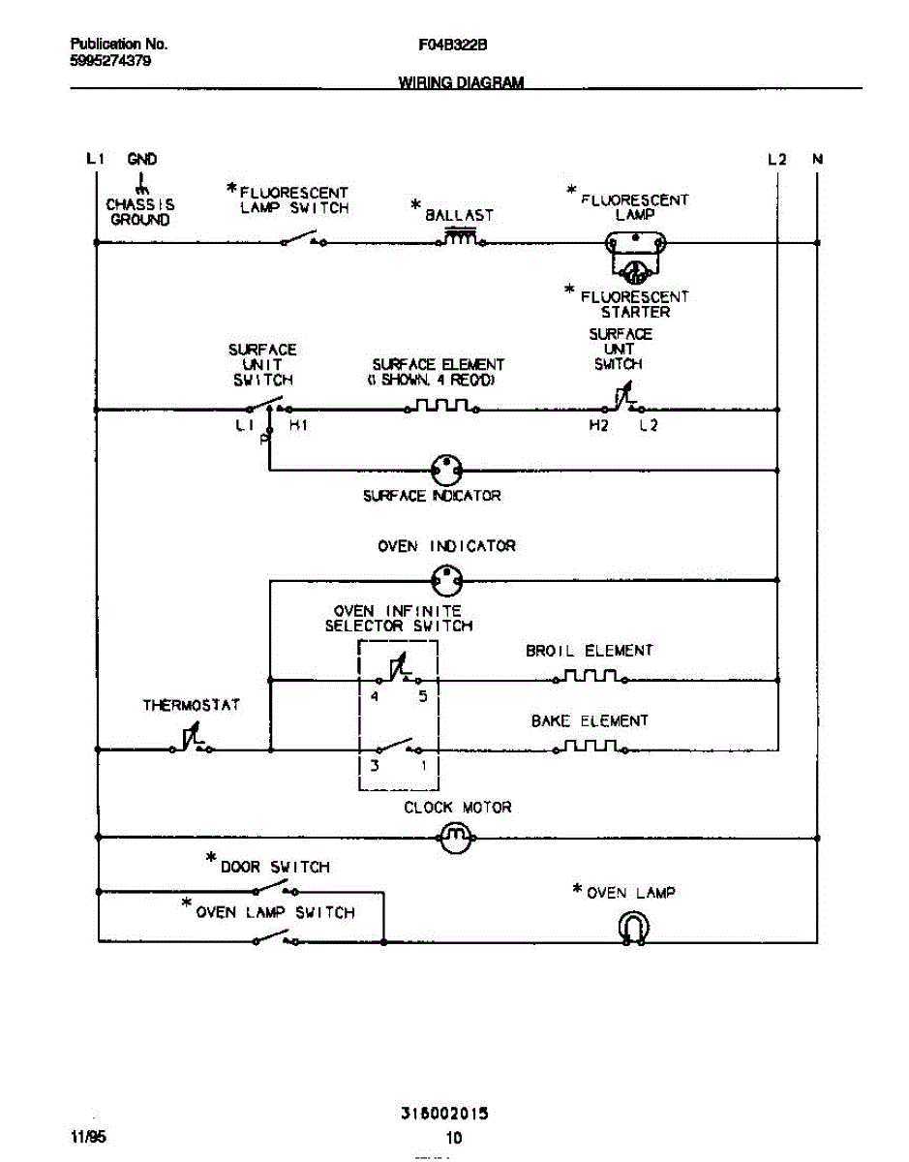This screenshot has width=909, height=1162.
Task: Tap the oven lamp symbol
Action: tap(633, 929)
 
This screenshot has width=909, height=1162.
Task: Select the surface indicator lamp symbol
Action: tap(447, 471)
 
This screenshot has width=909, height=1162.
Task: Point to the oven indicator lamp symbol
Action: tap(447, 581)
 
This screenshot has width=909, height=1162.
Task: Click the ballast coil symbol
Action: tap(462, 240)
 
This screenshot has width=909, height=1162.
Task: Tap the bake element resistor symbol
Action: tap(590, 747)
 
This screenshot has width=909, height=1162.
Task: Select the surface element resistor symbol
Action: tap(441, 407)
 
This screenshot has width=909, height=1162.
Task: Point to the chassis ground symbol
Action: tap(141, 185)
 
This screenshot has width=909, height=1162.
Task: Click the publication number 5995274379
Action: tap(110, 60)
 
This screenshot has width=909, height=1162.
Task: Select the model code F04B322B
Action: tap(453, 45)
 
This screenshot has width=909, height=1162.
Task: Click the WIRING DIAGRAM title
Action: tap(461, 82)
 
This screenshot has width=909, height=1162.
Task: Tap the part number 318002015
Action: tap(444, 1115)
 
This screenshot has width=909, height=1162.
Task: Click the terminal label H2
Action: tap(599, 426)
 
